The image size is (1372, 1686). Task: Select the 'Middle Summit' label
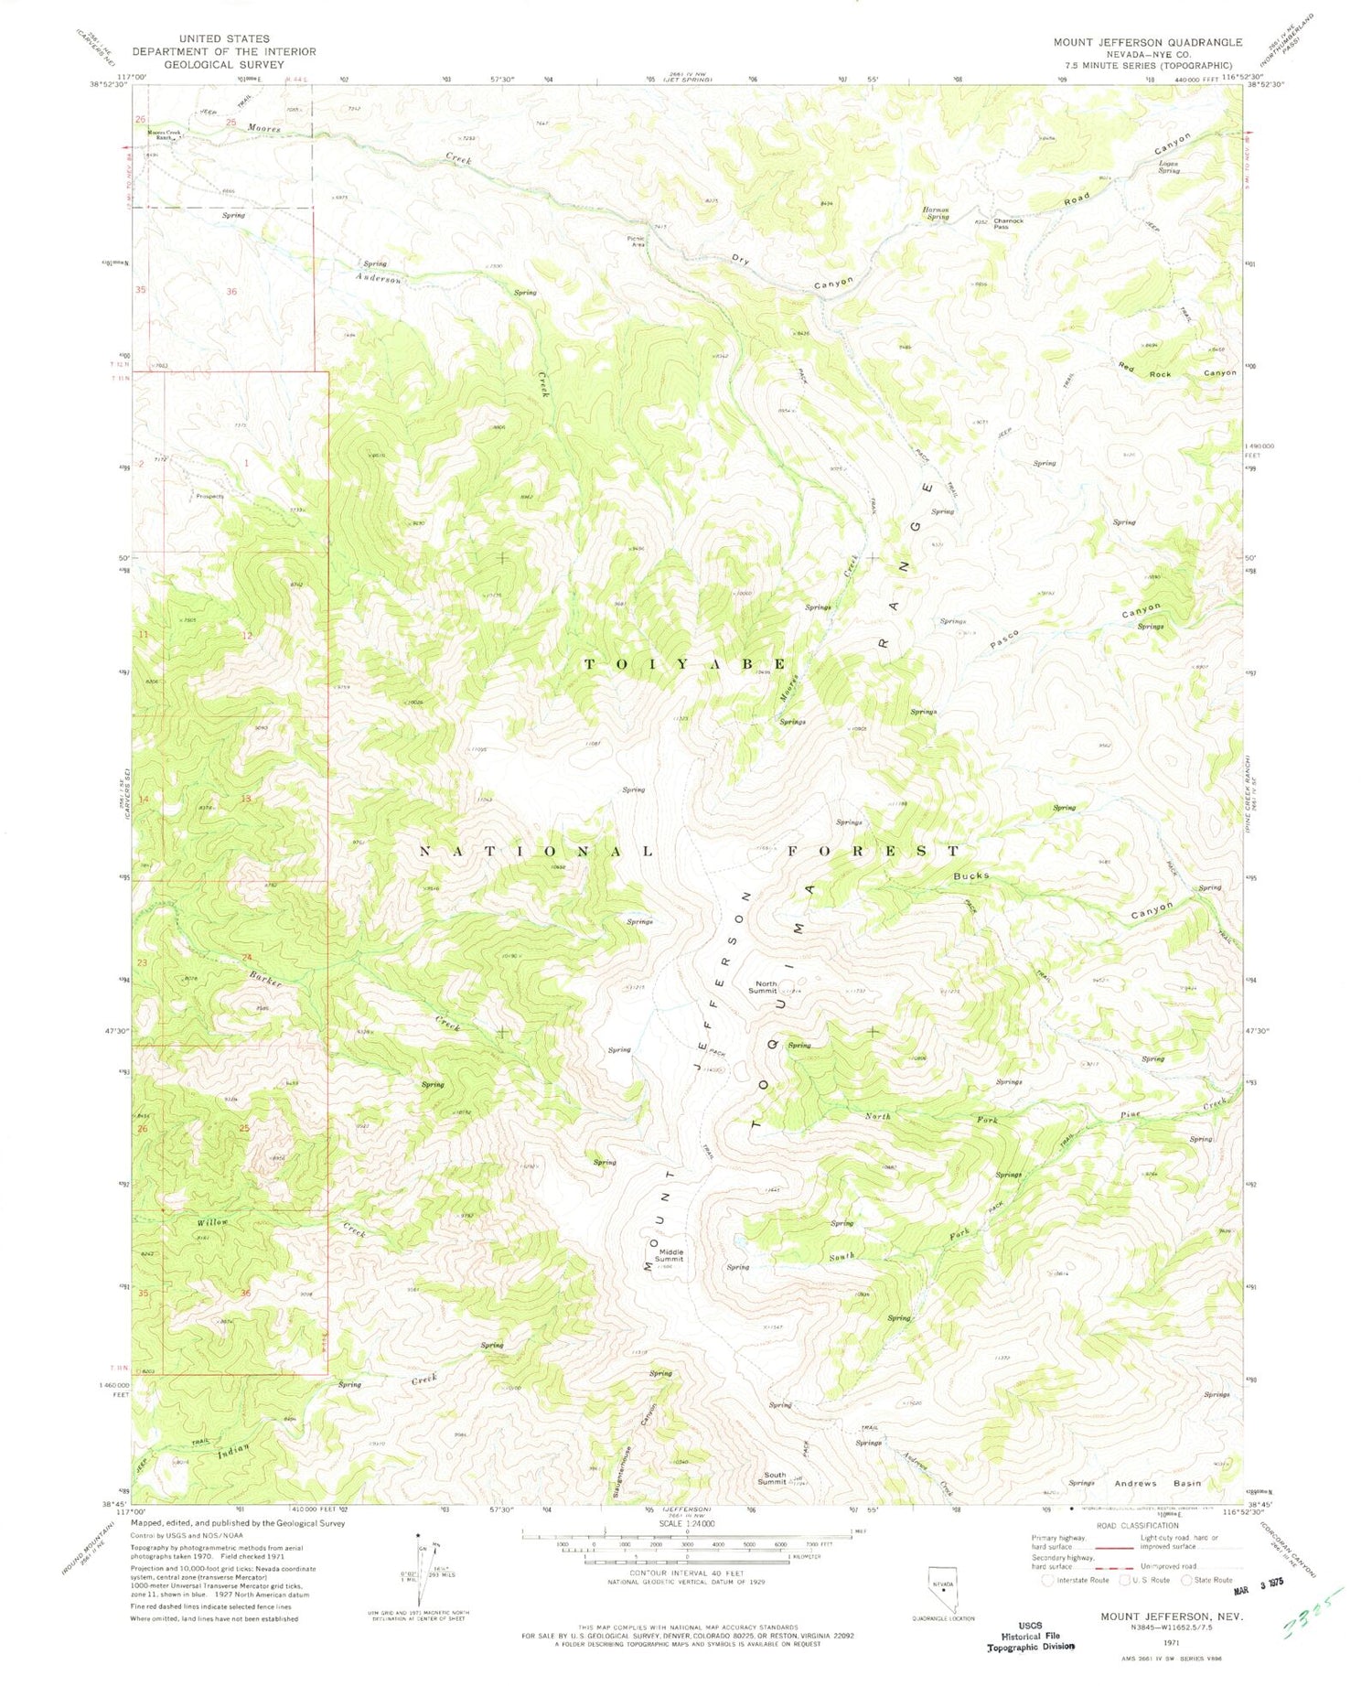[x=669, y=1255]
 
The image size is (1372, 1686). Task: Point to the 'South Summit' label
[x=774, y=1478]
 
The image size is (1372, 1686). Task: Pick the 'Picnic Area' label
[x=636, y=241]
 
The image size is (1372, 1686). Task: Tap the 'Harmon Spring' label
[x=936, y=213]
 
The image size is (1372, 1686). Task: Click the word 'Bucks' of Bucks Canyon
[x=970, y=875]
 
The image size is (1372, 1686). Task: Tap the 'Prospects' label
[x=209, y=497]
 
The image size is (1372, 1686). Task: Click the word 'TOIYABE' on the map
[x=685, y=664]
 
